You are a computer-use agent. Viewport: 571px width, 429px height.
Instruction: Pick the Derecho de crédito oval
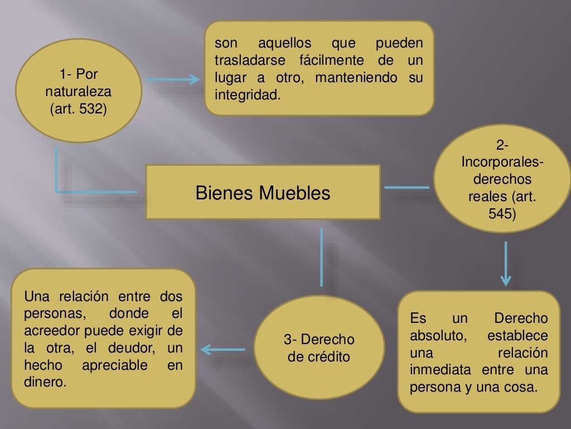coord(318,347)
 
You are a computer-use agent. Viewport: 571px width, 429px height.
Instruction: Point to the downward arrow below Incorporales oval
coord(505,263)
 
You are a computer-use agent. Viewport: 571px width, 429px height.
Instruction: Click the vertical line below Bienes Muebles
coord(322,257)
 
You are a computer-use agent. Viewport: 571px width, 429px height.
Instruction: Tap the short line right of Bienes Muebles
coord(407,187)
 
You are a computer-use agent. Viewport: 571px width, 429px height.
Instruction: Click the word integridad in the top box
coord(245,94)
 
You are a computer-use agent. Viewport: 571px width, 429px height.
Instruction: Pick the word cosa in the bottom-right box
coord(521,387)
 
